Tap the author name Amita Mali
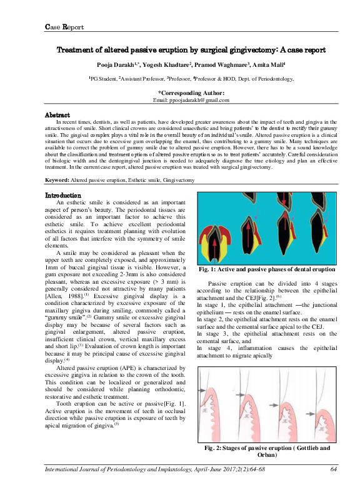pyautogui.click(x=267, y=65)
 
